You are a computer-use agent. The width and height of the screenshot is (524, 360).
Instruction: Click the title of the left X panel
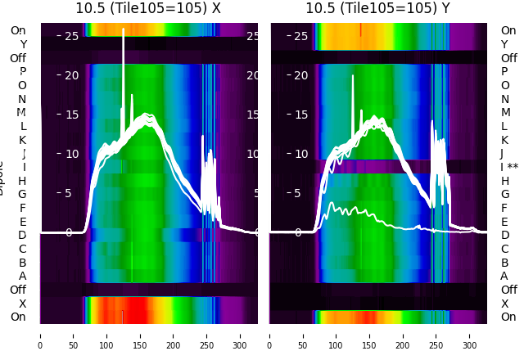coord(149,8)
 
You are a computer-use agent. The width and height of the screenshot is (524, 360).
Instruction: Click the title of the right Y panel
coord(379,8)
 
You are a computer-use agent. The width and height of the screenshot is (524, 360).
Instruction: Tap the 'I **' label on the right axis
coord(509,167)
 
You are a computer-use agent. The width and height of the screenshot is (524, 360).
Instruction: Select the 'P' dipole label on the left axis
coord(23,71)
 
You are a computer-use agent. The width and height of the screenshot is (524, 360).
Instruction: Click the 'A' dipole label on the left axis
coord(23,276)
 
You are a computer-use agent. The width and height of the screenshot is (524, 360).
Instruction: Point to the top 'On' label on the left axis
coord(18,30)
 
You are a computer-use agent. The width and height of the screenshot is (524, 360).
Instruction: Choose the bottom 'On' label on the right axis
coord(508,317)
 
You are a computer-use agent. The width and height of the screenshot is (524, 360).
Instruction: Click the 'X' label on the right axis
coord(505,304)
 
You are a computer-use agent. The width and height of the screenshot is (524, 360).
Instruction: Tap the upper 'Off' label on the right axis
coord(508,58)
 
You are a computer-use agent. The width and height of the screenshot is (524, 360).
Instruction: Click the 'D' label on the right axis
coord(505,235)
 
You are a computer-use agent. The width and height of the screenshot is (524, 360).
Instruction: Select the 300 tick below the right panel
coord(471,335)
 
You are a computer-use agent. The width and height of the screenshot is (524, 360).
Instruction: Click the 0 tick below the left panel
coord(40,335)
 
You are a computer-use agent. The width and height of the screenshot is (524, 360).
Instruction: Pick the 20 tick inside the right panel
coord(300,75)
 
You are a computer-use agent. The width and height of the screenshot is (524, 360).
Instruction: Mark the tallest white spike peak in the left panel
coord(124,30)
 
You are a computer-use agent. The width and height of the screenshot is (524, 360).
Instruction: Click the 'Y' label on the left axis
coord(23,44)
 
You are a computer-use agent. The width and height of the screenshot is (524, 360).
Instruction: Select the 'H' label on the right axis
coord(505,181)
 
